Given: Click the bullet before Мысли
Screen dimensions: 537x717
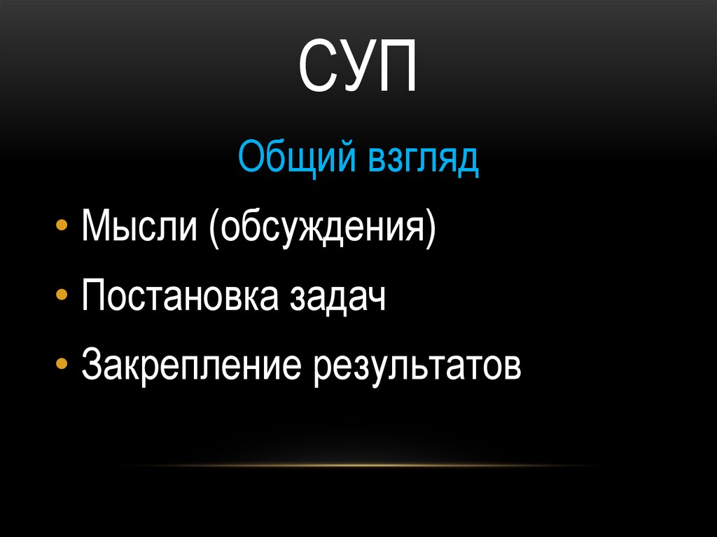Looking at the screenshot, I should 62,229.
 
